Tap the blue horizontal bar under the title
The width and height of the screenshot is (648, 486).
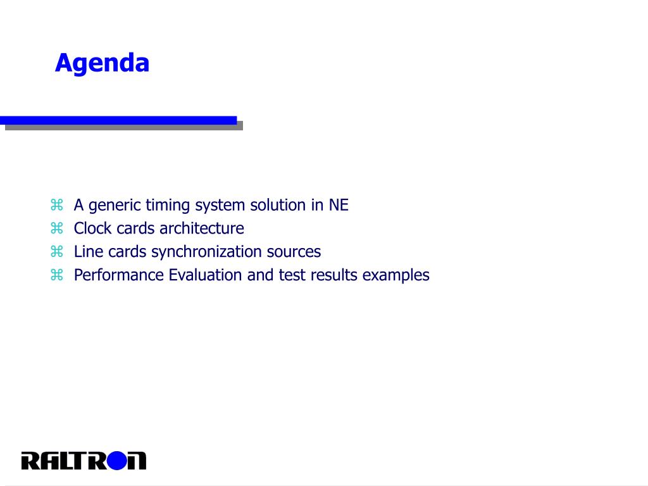pos(118,120)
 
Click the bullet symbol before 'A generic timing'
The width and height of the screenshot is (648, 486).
pos(56,204)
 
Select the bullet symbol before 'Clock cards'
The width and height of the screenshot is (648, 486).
pos(56,228)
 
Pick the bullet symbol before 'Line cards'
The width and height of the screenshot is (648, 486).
pos(56,251)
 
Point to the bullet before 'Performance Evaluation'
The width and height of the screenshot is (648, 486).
pos(56,275)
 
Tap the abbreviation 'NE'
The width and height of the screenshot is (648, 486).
pos(339,205)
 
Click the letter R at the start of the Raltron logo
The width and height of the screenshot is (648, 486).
pos(31,461)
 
